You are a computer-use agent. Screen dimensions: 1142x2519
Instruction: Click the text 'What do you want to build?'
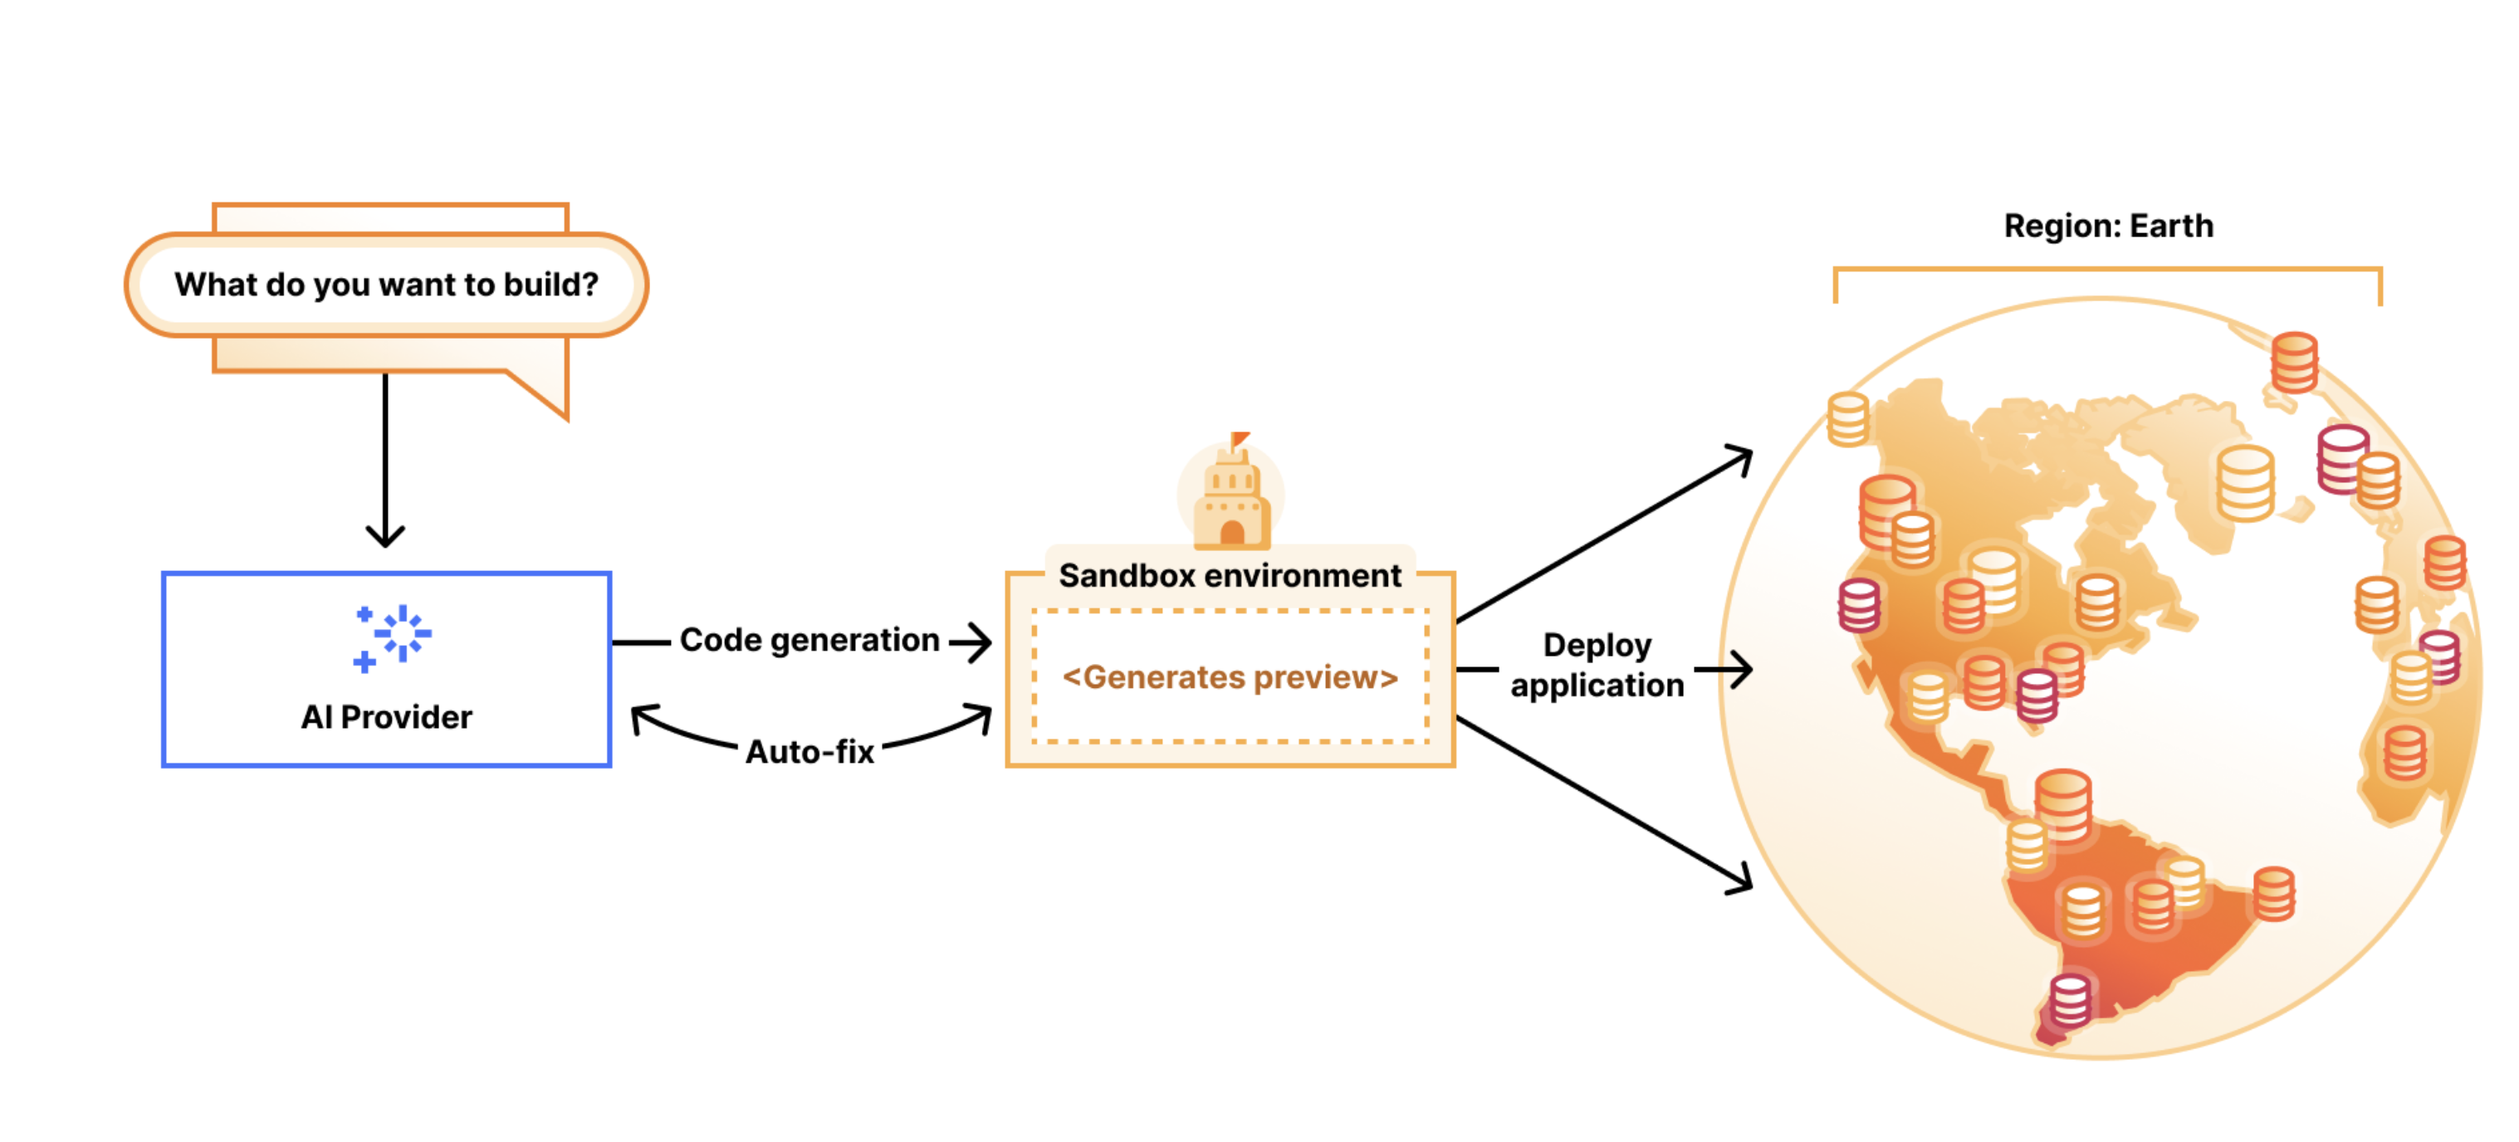click(386, 285)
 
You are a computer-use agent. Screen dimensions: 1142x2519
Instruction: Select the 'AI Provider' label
click(386, 717)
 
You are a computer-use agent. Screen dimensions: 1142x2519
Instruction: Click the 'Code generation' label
click(809, 641)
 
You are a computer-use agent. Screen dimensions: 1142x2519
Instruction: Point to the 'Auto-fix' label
click(810, 752)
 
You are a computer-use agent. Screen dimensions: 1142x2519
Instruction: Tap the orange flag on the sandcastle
click(1240, 439)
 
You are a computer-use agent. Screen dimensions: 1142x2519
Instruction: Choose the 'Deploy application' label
click(1597, 665)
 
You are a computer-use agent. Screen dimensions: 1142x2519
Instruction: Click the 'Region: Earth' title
click(2108, 226)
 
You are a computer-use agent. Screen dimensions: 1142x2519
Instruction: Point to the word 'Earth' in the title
click(2171, 226)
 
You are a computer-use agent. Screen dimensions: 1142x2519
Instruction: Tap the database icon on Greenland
click(2245, 484)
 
